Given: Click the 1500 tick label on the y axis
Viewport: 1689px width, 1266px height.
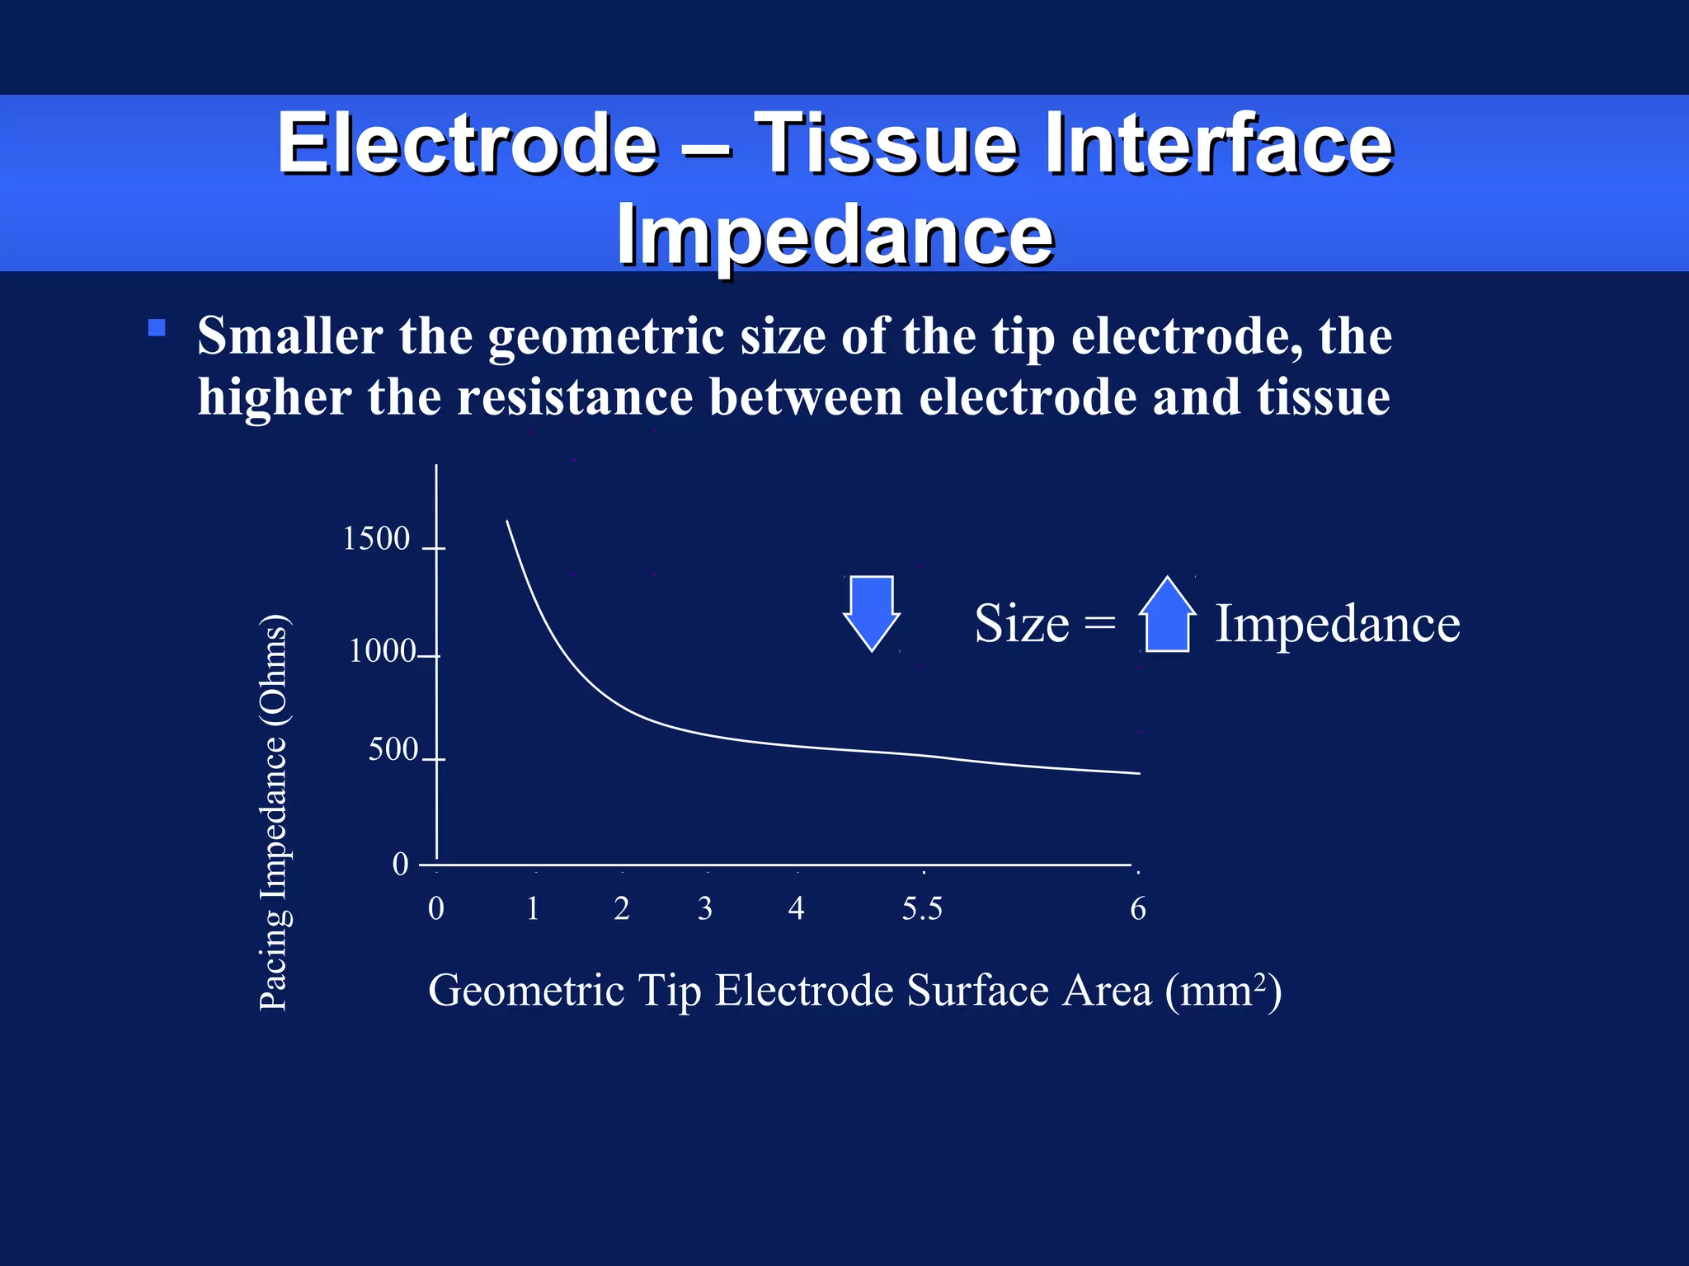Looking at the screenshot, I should (x=376, y=538).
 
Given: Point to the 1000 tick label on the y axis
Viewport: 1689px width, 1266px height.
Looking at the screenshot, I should (x=383, y=651).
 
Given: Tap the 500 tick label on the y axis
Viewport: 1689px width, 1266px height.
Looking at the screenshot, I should (x=393, y=749).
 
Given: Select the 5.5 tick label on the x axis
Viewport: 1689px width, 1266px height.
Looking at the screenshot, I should (x=921, y=908).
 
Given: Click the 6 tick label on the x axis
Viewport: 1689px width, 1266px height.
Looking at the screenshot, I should (x=1137, y=908).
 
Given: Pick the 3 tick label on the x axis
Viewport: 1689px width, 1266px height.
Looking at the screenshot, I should (x=704, y=908).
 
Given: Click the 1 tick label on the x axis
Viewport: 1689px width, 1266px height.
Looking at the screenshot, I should (x=533, y=908).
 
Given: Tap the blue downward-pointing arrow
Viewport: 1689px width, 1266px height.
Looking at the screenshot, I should (x=872, y=612).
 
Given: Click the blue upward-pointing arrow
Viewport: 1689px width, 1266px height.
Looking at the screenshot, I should (x=1167, y=615).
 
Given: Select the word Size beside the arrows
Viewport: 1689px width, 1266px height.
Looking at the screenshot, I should (x=1021, y=623).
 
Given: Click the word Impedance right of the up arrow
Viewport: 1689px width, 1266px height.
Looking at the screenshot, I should (x=1337, y=623).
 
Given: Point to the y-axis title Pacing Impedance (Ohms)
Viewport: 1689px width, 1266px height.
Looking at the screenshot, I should (x=274, y=812).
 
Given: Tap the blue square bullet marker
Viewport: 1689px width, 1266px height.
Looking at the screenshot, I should (x=157, y=328).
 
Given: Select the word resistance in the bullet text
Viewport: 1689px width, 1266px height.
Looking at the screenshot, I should (x=575, y=397).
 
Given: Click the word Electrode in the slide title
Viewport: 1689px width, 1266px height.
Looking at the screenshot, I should (x=467, y=144).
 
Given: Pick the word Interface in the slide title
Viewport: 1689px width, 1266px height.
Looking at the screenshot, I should (x=1218, y=144).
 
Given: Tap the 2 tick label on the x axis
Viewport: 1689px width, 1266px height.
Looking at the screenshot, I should (x=622, y=908).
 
